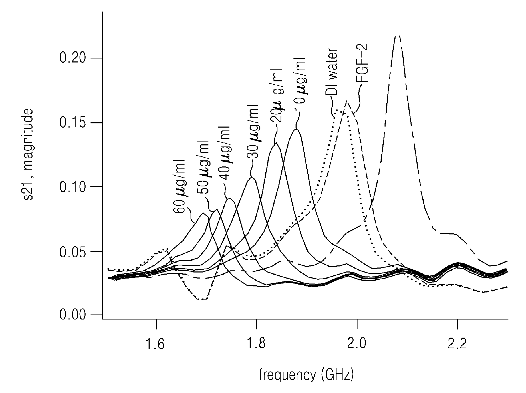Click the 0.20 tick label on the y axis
tap(73, 59)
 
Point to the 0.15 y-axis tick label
tap(73, 123)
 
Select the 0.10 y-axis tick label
tap(73, 187)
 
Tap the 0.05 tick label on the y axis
tap(73, 251)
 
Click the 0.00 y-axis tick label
tap(73, 315)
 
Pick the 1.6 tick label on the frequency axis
tap(156, 344)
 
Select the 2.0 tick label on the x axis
tap(357, 344)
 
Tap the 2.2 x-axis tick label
tap(457, 344)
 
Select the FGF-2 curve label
tap(362, 63)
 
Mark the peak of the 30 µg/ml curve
tap(251, 177)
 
